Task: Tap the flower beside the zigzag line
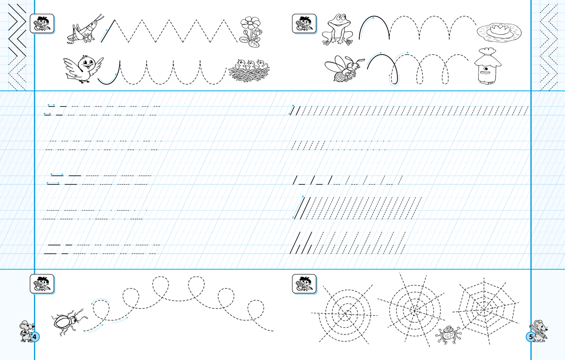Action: click(250, 32)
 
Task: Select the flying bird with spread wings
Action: click(83, 69)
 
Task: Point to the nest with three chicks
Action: click(249, 71)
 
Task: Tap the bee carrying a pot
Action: click(344, 69)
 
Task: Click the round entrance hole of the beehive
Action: click(486, 69)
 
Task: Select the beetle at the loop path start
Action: click(69, 322)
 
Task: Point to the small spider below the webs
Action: click(448, 335)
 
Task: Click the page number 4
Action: click(34, 337)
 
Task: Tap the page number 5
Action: click(531, 337)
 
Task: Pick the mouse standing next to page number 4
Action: click(26, 331)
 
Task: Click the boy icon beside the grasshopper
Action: click(42, 24)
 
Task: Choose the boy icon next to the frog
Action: click(304, 24)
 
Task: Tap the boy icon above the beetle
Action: click(42, 284)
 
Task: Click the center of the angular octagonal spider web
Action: click(484, 310)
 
